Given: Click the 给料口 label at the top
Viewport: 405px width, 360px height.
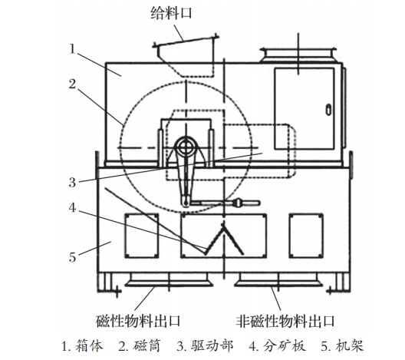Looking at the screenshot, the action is [172, 14].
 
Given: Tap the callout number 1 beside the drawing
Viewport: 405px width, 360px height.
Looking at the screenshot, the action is [73, 49].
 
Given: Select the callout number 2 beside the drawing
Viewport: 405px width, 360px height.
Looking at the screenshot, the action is [73, 84].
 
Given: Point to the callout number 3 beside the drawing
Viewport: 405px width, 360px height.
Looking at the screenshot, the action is [73, 183].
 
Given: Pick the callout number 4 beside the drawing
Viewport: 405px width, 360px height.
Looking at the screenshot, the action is [73, 207].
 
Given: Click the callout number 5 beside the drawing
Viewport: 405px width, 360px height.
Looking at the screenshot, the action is [73, 257].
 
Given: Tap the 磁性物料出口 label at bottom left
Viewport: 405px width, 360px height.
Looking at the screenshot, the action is [138, 321].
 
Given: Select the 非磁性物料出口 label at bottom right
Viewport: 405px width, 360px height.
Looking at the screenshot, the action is [285, 321].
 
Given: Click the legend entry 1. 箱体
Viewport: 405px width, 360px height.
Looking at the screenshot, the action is [82, 346].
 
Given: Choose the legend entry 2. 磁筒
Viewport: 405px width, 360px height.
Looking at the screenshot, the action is [140, 346].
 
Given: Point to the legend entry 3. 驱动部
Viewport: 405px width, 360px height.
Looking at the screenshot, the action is [205, 346].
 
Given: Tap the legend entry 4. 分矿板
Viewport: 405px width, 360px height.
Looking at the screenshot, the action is [278, 346].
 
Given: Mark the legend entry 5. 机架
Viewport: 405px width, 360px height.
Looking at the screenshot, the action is [343, 346].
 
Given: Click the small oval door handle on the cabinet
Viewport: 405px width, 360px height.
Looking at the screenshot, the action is [328, 110].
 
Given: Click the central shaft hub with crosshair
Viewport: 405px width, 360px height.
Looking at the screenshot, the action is [185, 147].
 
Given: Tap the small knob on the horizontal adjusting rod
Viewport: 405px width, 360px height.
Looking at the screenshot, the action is [239, 203].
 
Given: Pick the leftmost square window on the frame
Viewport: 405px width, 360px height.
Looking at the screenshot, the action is [142, 236].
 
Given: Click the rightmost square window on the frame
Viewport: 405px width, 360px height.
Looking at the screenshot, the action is [306, 236].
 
